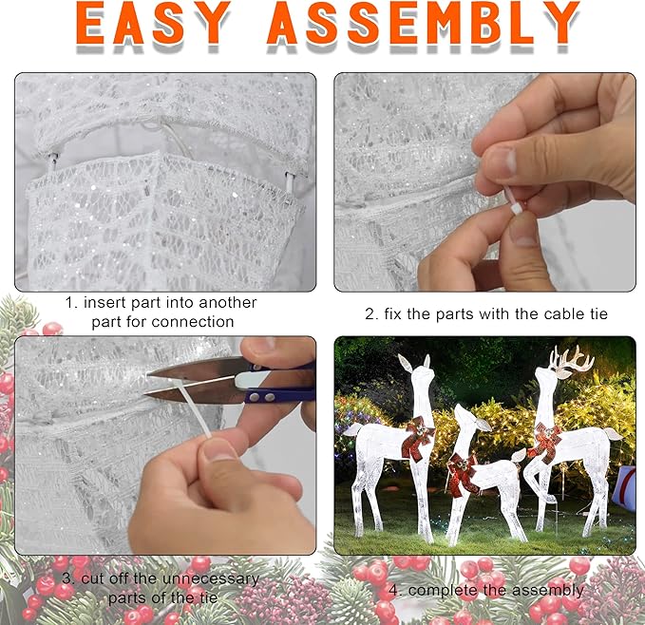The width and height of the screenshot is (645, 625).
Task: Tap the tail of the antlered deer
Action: click(x=615, y=434)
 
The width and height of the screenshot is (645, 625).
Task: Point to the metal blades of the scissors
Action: click(x=190, y=380)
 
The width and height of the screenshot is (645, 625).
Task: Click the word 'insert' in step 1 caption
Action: click(x=111, y=303)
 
